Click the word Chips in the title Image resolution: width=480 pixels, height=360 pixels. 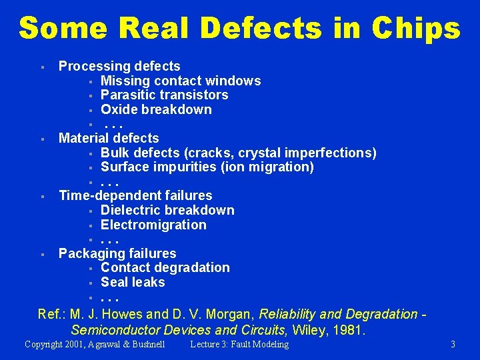coord(417,28)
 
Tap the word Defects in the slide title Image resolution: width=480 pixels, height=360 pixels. coord(261,28)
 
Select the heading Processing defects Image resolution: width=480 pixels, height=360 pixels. coord(119,66)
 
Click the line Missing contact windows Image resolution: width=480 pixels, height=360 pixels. coord(181,81)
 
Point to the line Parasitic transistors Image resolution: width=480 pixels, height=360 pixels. coord(164,95)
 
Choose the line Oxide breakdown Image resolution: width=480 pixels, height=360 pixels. coord(156,109)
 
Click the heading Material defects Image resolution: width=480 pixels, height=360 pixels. coord(109,138)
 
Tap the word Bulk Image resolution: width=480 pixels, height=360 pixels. coord(115,153)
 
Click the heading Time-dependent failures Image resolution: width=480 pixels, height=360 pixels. coord(135,195)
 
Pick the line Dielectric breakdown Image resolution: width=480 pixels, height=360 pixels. coord(167,210)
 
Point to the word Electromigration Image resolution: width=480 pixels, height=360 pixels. coord(153,225)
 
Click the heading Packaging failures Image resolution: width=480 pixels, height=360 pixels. coord(117,253)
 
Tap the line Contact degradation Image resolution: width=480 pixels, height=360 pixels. coord(165,267)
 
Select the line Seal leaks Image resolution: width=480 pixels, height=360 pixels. coord(133,282)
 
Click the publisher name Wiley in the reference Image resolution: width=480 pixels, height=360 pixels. coord(309,329)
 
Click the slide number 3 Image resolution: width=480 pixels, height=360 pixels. coord(453,345)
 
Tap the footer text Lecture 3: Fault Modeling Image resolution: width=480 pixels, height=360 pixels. coord(239,345)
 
